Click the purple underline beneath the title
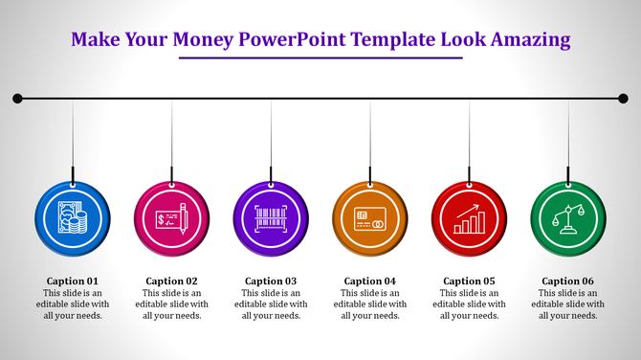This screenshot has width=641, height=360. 320,58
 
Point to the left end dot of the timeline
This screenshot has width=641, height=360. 17,98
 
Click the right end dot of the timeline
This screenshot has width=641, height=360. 623,98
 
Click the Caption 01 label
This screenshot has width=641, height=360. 73,281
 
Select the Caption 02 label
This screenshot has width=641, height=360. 172,281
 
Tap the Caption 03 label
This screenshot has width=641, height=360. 272,281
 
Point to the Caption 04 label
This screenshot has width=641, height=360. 371,281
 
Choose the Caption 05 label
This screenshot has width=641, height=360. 470,281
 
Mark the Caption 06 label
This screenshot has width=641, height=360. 569,281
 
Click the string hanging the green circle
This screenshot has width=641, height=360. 569,139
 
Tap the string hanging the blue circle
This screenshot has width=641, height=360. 73,139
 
